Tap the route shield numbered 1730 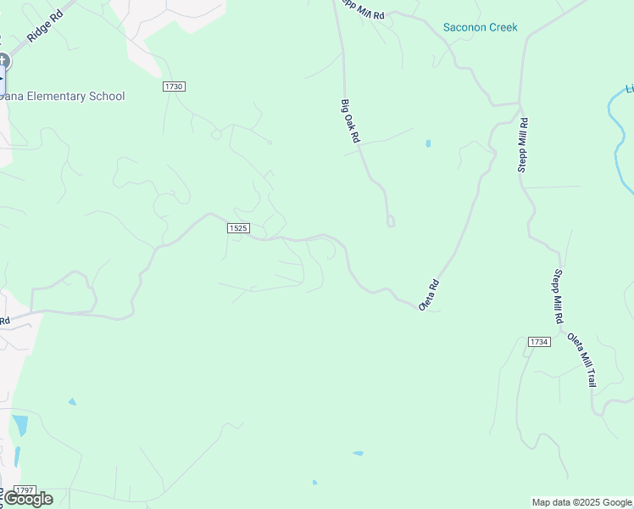[175, 87]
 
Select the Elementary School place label [63, 97]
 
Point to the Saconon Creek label [480, 28]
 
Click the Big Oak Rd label [351, 120]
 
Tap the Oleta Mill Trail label [582, 360]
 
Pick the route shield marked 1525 [238, 228]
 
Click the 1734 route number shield [539, 342]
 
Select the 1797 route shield [25, 490]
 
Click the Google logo [27, 499]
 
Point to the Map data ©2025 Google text [582, 502]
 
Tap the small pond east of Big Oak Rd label [428, 143]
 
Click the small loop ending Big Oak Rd [391, 222]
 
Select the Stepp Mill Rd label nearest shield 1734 [558, 297]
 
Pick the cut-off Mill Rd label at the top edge [363, 10]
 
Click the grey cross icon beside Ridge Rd [3, 60]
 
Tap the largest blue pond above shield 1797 [20, 425]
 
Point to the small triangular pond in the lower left [72, 401]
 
